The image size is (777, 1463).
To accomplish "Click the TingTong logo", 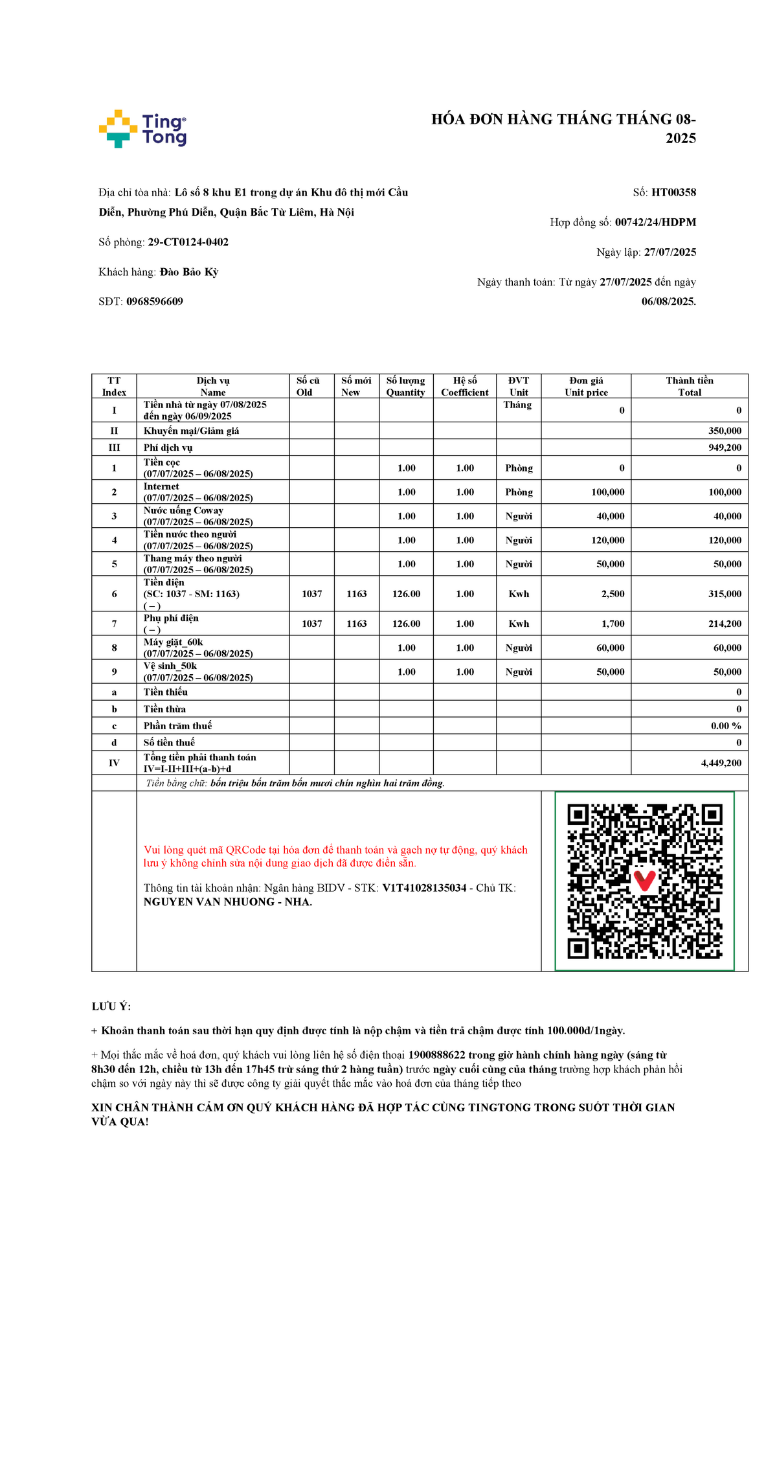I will pos(142,129).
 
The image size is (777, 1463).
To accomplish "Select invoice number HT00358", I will pos(673,192).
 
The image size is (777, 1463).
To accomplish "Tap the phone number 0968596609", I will pos(155,302).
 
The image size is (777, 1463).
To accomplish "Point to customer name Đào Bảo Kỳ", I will pos(189,272).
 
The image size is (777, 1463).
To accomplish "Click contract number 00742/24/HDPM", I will pos(655,222).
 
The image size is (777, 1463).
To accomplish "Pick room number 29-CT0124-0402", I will pos(188,242).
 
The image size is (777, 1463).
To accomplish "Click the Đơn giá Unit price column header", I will pos(586,386).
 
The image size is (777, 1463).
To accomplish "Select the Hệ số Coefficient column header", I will pos(465,386).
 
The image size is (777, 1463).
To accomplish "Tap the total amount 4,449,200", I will pos(721,763).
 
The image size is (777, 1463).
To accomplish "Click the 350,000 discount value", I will pos(725,431).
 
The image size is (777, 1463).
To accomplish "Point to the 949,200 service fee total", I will pos(725,448).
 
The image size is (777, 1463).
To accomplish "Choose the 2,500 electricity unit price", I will pos(613,594).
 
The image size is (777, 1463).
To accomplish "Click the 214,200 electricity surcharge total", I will pos(725,624).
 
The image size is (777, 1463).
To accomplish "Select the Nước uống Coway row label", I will pos(183,510).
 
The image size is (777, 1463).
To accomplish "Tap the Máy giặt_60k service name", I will pos(173,642).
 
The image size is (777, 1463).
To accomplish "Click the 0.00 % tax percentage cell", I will pos(726,726).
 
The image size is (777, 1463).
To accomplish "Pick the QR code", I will pos(644,881).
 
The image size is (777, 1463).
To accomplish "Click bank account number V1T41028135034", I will pos(424,888).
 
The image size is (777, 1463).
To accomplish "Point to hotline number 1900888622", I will pos(436,1055).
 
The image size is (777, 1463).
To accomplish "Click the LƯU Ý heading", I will pos(111,1006).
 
